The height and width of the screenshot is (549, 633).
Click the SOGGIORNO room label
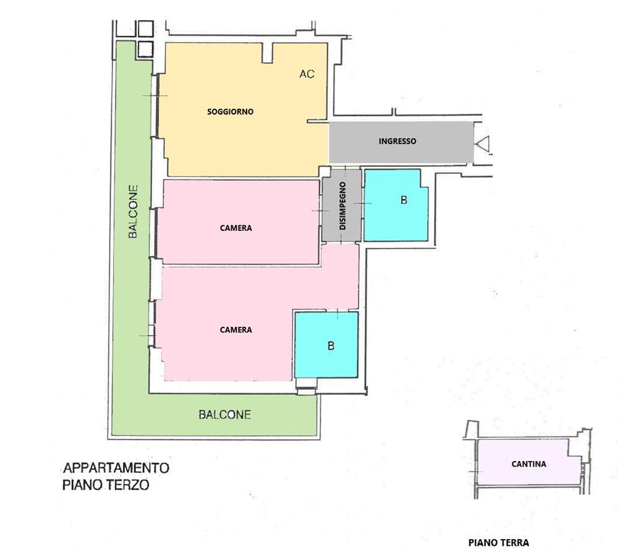pyautogui.click(x=230, y=111)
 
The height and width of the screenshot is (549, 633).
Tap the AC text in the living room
pyautogui.click(x=307, y=74)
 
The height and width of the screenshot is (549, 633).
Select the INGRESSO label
pyautogui.click(x=397, y=141)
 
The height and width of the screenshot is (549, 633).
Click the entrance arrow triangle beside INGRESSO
pyautogui.click(x=483, y=144)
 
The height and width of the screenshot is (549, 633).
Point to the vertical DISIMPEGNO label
pyautogui.click(x=342, y=205)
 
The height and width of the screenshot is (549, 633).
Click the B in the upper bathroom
pyautogui.click(x=404, y=200)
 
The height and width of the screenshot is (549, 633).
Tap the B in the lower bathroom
pyautogui.click(x=331, y=346)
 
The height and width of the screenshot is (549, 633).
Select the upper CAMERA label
pyautogui.click(x=236, y=228)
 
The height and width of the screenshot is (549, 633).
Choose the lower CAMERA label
pyautogui.click(x=236, y=330)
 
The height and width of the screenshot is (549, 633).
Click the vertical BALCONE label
pyautogui.click(x=133, y=212)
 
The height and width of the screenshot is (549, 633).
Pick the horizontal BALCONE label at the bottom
pyautogui.click(x=224, y=414)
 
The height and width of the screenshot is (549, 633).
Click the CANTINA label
pyautogui.click(x=529, y=464)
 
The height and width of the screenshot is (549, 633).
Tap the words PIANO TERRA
pyautogui.click(x=499, y=543)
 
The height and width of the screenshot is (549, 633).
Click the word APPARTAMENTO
pyautogui.click(x=116, y=468)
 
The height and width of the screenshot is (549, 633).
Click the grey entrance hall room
pyautogui.click(x=401, y=142)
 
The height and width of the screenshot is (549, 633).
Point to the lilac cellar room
pyautogui.click(x=529, y=462)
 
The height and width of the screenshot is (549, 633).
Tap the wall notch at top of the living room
pyautogui.click(x=267, y=53)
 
